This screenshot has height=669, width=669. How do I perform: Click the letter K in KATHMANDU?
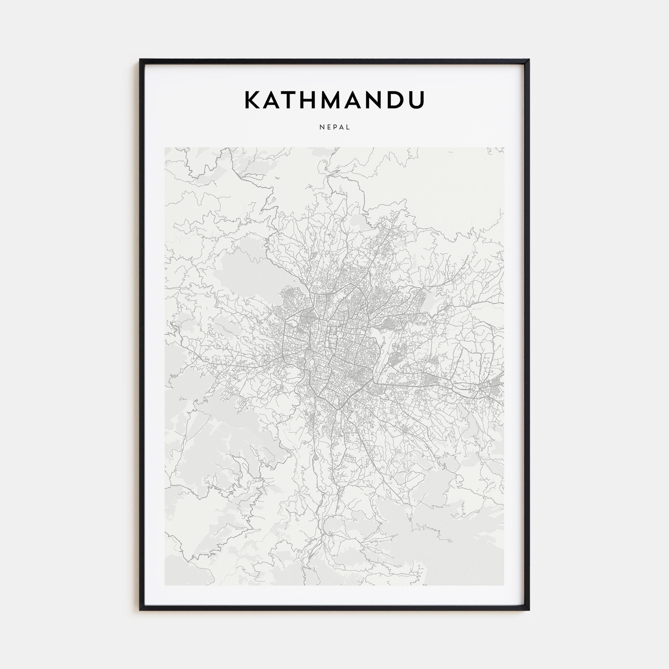pos(253,100)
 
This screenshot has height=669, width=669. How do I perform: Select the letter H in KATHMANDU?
pos(312,100)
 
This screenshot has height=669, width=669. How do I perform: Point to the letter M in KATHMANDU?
pos(336,100)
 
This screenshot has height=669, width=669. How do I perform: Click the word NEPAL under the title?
pos(335,127)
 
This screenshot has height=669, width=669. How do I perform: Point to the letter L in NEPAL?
pos(349,127)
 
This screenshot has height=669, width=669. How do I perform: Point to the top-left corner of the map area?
pos(165,148)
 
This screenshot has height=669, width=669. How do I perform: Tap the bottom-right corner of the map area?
pos(504,585)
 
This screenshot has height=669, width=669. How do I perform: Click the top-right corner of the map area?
pos(504,148)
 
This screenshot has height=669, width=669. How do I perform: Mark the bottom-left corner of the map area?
pos(165,585)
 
